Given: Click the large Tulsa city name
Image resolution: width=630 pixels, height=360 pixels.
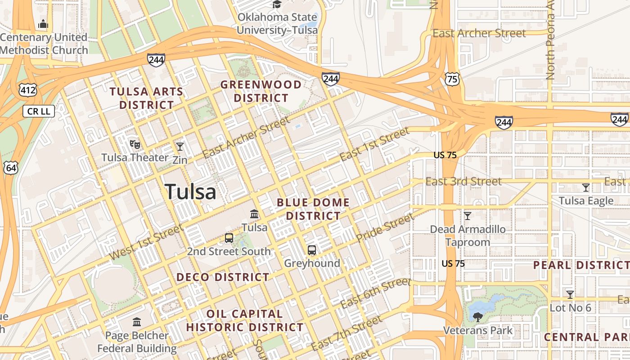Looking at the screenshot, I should (190, 192).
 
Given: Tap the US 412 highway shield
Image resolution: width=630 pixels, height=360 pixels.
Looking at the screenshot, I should (28, 90).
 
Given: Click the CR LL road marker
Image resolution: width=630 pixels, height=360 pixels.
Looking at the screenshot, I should (39, 111).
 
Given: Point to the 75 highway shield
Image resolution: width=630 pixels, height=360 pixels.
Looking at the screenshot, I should (452, 79).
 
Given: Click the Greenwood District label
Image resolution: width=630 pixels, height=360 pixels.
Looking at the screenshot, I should (261, 91).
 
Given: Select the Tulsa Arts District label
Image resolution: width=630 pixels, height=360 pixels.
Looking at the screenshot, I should (147, 98).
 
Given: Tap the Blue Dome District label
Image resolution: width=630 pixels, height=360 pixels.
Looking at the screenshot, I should (313, 209).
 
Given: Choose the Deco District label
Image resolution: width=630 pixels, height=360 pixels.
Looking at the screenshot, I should (223, 277).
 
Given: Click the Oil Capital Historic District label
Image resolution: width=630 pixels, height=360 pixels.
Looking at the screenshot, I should (245, 320).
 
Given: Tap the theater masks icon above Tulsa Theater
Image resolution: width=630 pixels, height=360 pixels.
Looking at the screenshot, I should (135, 144).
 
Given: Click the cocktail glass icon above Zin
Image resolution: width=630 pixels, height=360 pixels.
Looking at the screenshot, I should (180, 147).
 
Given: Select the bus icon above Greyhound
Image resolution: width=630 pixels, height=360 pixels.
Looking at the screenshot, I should (312, 250).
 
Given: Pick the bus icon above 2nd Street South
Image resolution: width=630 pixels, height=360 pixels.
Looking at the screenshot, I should (229, 238).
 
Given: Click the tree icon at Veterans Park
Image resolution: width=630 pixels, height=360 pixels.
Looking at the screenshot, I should (478, 317).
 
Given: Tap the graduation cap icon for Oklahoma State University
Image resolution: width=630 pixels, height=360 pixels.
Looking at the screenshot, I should (277, 4).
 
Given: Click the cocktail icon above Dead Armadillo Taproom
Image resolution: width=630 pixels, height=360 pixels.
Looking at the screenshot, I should (468, 216).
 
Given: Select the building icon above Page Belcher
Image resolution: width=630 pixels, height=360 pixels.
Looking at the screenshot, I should (137, 322).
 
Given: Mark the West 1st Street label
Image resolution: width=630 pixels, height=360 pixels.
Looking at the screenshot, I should (146, 242).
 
